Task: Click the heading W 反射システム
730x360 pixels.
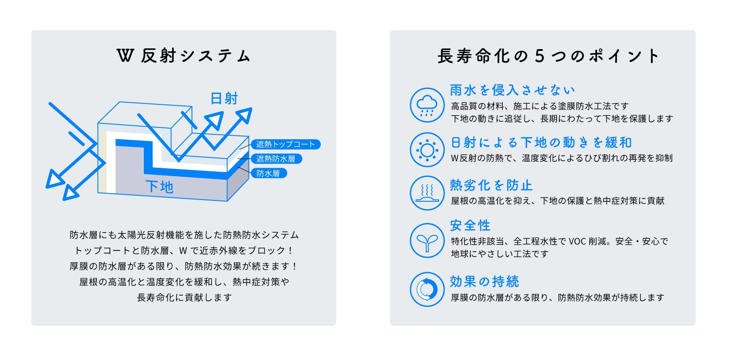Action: (183, 56)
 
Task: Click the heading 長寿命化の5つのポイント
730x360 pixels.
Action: (548, 56)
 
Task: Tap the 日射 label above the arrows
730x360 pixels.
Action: (224, 98)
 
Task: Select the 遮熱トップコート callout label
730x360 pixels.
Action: (286, 144)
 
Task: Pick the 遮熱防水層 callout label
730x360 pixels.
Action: (276, 159)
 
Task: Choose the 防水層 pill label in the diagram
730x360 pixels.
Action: (269, 173)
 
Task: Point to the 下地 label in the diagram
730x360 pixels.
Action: (159, 187)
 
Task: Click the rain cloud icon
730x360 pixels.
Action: (427, 105)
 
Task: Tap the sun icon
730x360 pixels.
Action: (427, 150)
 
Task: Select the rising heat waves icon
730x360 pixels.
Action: (427, 193)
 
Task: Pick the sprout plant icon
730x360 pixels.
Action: (427, 241)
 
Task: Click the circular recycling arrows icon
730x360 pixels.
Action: (427, 289)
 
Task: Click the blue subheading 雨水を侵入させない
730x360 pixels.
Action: (512, 90)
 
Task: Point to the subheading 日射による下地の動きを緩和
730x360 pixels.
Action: (541, 143)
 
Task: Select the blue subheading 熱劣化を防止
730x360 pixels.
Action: (491, 185)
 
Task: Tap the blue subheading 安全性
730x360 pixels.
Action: (470, 225)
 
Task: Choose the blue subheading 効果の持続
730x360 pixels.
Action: (484, 281)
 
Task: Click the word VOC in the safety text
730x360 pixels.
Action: (577, 241)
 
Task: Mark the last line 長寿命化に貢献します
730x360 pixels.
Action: (184, 297)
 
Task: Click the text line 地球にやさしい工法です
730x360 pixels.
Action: (500, 254)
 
